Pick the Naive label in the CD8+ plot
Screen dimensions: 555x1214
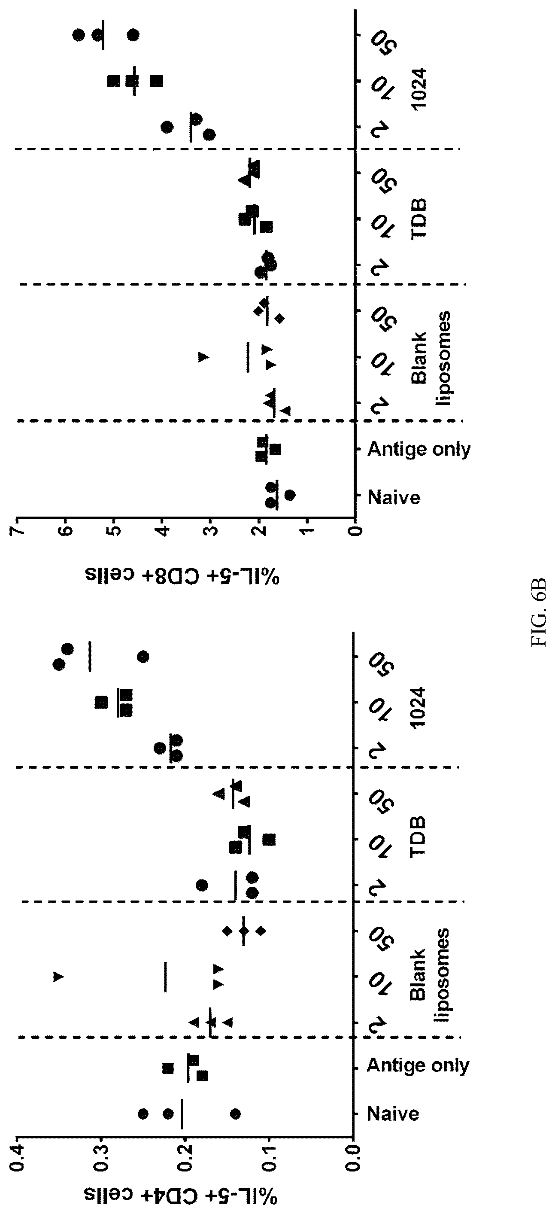point(394,498)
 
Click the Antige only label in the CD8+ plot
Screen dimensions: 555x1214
point(419,450)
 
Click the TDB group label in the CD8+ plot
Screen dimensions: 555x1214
point(419,219)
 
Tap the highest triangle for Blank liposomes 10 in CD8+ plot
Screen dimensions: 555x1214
point(203,357)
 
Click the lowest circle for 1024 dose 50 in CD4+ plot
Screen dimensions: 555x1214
point(143,657)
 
